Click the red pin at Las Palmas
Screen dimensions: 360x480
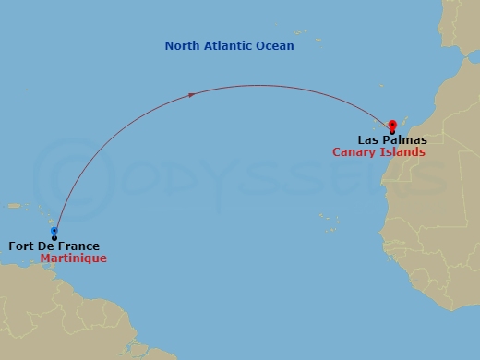392,126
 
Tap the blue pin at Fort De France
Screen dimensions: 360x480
54,232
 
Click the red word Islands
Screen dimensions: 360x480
405,152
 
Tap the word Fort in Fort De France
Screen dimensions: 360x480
23,246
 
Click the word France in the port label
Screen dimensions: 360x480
80,246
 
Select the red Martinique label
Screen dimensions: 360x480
74,258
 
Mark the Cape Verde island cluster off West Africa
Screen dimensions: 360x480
327,221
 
